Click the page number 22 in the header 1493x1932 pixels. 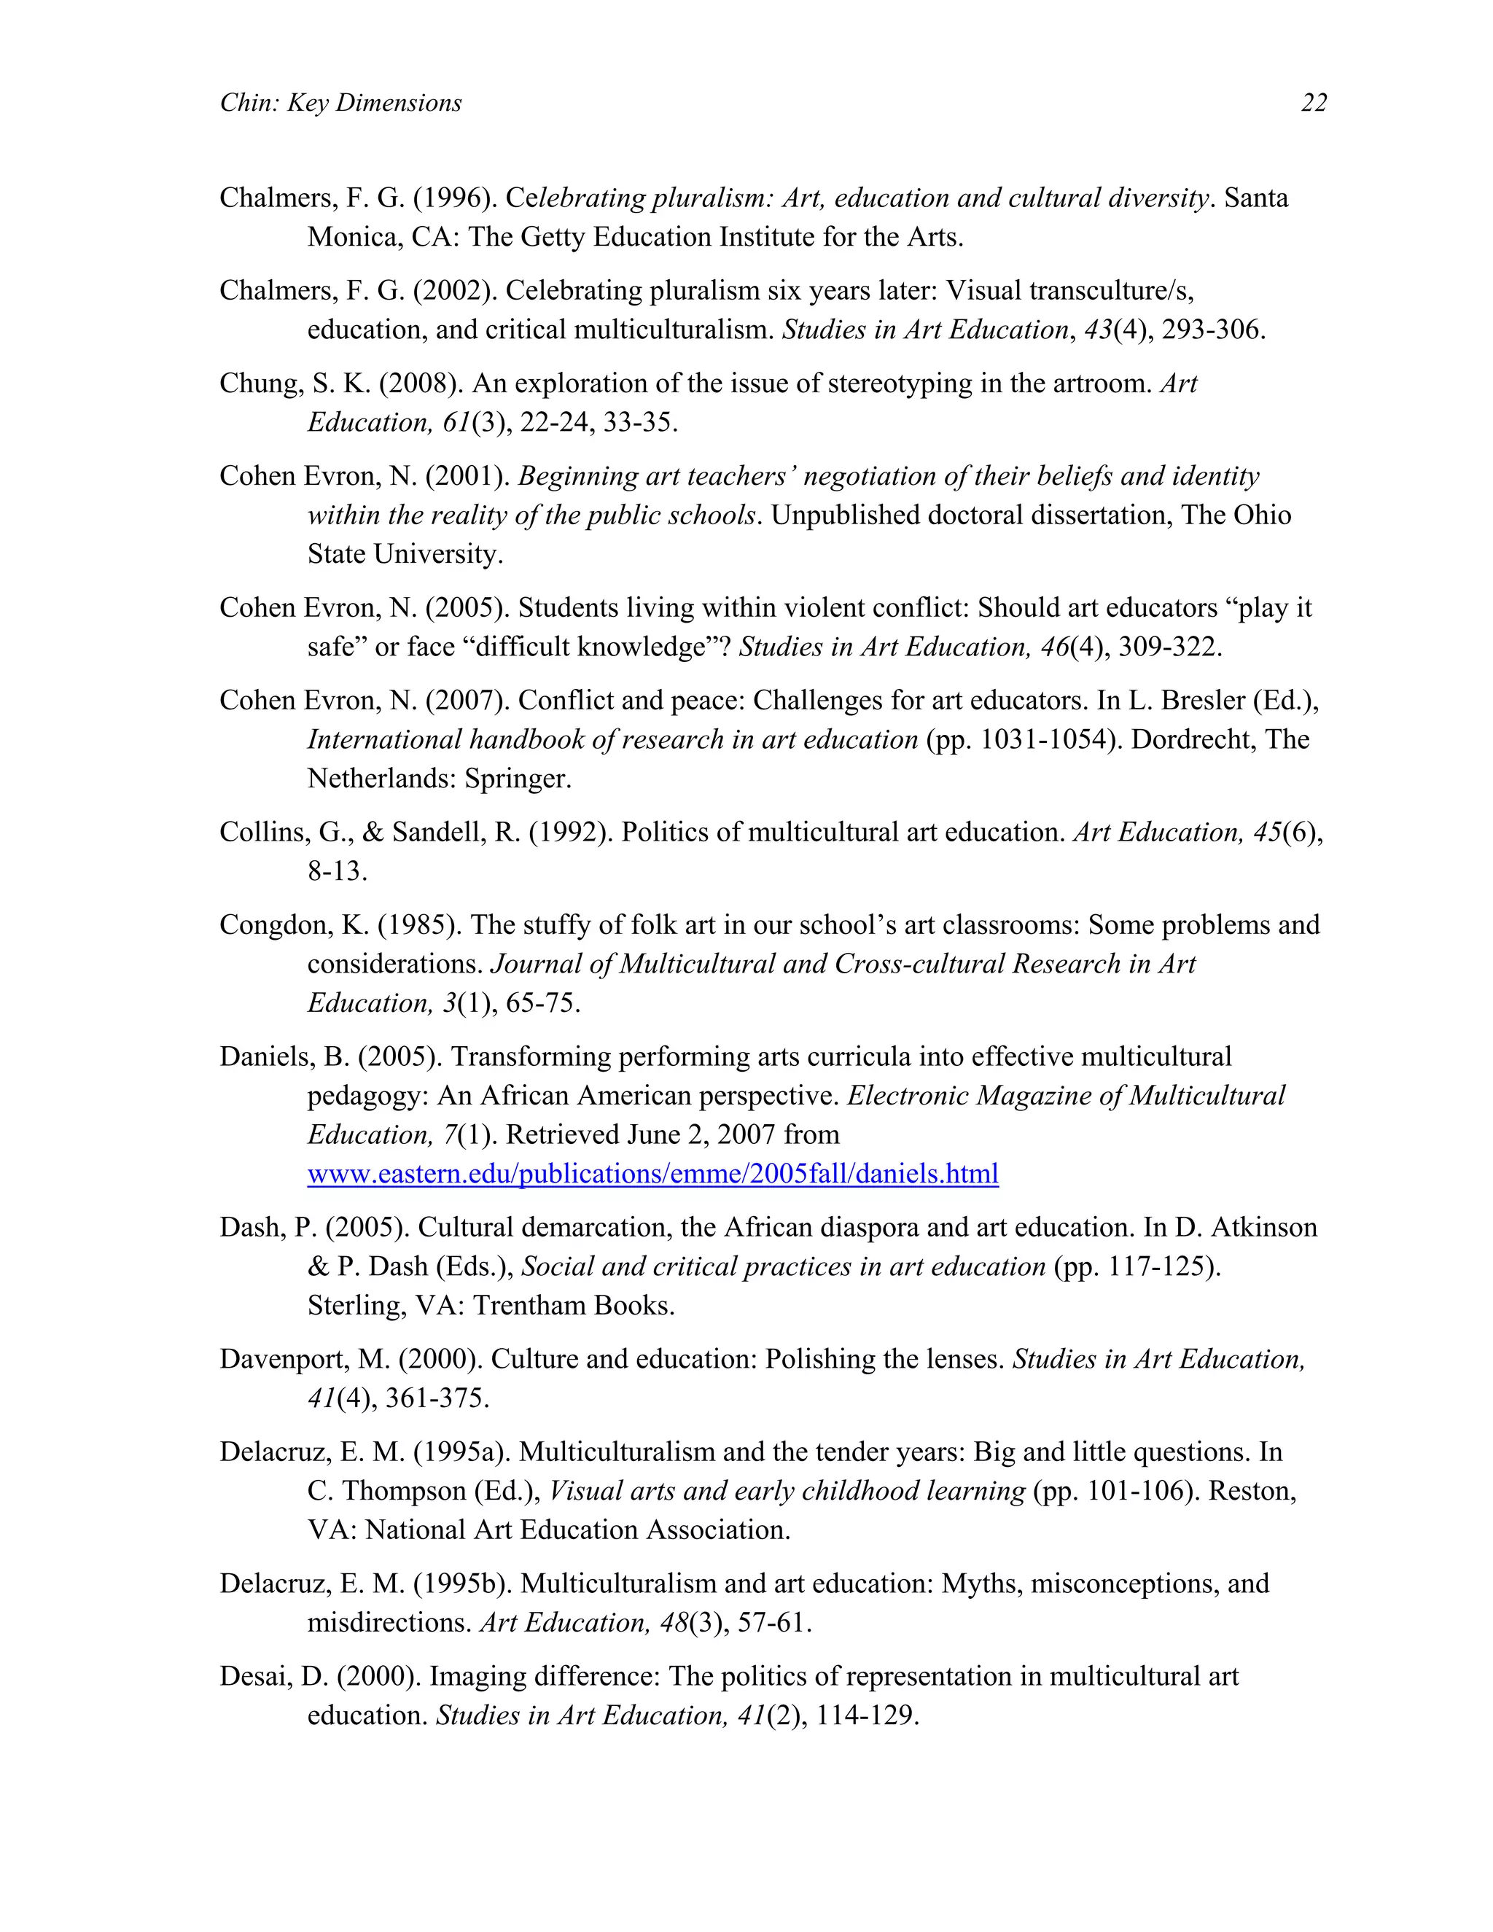pyautogui.click(x=1312, y=104)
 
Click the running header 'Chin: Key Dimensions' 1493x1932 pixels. pyautogui.click(x=340, y=104)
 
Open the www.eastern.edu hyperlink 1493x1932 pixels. pyautogui.click(x=652, y=1174)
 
